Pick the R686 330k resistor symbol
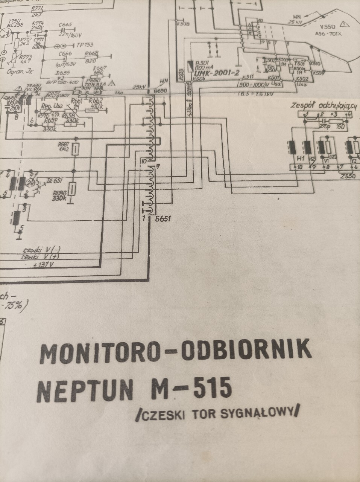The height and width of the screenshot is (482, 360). tap(72, 188)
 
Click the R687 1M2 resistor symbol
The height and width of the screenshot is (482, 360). tap(76, 149)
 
